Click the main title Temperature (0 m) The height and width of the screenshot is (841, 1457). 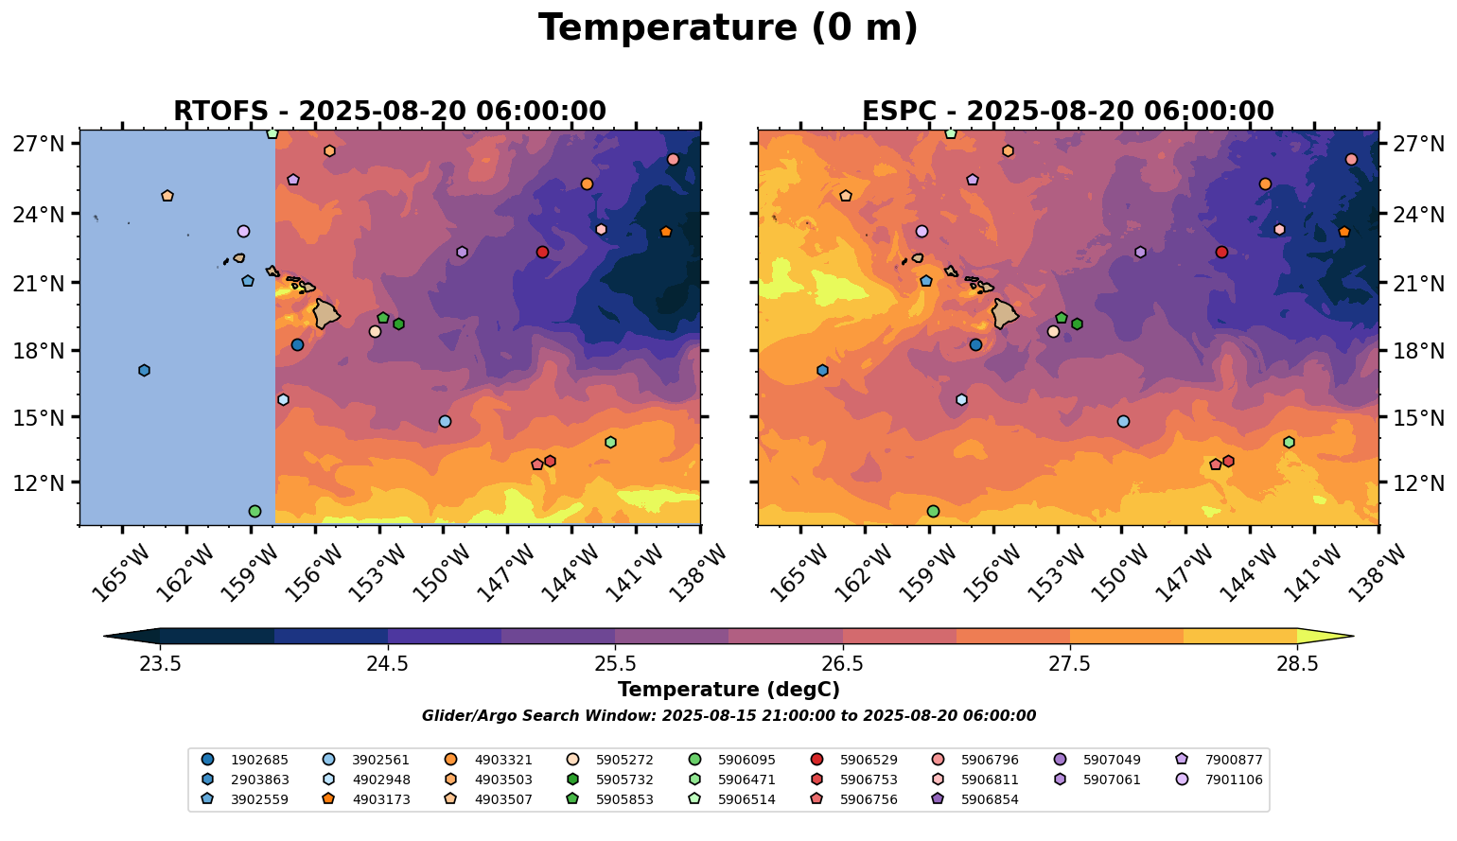728,28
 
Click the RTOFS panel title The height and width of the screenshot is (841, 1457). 389,112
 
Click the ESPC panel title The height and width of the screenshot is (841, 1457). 1067,112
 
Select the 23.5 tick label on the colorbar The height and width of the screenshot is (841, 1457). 160,664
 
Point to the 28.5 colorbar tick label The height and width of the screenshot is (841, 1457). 1297,664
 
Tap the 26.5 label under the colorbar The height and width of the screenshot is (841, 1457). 842,664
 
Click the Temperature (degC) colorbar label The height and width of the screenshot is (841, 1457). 728,690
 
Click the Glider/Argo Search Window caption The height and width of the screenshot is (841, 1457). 728,716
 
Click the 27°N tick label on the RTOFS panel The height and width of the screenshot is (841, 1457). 39,145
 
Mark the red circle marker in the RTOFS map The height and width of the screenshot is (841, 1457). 542,253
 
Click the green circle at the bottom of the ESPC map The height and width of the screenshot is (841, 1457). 933,512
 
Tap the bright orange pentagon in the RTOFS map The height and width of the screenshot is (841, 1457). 666,232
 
